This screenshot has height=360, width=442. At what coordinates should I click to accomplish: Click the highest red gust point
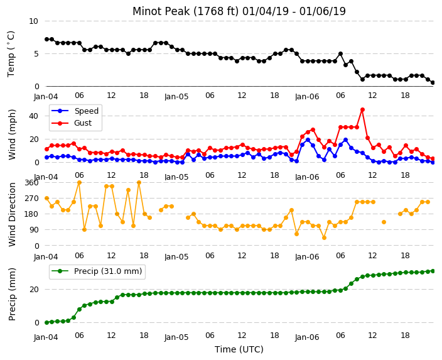coord(362,110)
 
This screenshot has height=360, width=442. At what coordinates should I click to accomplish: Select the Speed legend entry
coord(75,111)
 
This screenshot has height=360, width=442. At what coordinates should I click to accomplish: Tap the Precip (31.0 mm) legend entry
coord(97,271)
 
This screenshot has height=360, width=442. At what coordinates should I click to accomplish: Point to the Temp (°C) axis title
coord(11,54)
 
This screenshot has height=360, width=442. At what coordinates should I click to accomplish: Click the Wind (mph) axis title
coord(12,134)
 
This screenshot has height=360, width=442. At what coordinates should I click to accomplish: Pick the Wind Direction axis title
coord(12,215)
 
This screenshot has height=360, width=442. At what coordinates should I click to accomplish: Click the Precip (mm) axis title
coord(12,294)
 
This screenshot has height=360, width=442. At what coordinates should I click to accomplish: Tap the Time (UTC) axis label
coord(239,349)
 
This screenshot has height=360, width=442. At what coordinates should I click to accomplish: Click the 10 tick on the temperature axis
coord(33,21)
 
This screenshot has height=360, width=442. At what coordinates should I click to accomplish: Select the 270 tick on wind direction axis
coord(31,199)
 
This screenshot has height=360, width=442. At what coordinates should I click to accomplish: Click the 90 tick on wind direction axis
coord(34,230)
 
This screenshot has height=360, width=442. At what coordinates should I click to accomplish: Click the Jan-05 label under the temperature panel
coord(176,97)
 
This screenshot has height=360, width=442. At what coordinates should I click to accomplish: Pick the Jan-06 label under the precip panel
coord(307,337)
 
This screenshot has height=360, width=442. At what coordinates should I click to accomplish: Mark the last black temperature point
coord(433,83)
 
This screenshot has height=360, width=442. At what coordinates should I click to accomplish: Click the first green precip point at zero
coord(47,322)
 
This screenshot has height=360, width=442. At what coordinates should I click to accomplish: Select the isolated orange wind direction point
coord(384,222)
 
